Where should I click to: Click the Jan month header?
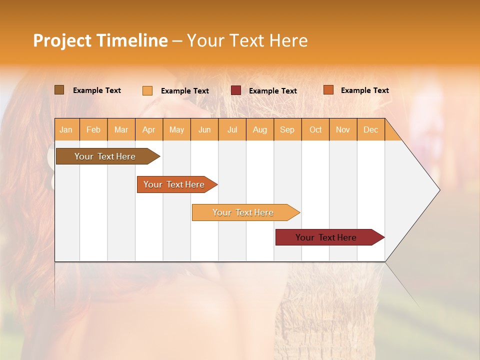(x=66, y=129)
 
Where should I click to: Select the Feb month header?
(x=93, y=129)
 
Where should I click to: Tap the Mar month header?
(x=121, y=129)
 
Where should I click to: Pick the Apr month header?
(x=149, y=129)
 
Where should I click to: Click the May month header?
(x=176, y=129)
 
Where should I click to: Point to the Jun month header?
(x=204, y=129)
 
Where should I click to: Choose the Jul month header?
(x=232, y=129)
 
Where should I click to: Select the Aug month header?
(x=260, y=129)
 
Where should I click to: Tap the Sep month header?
(x=287, y=129)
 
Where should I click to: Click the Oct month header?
(x=315, y=129)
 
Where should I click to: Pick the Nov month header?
(x=343, y=129)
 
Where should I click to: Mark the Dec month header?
(x=371, y=129)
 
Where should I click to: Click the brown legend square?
(x=59, y=90)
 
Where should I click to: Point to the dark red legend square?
(x=236, y=90)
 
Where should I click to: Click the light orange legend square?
(x=147, y=90)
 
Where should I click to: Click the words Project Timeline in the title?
(x=100, y=40)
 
